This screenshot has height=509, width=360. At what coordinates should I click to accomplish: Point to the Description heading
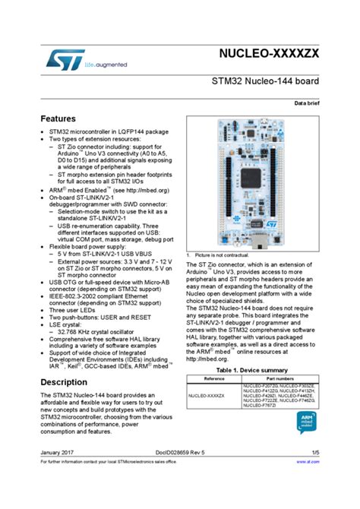63,382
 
